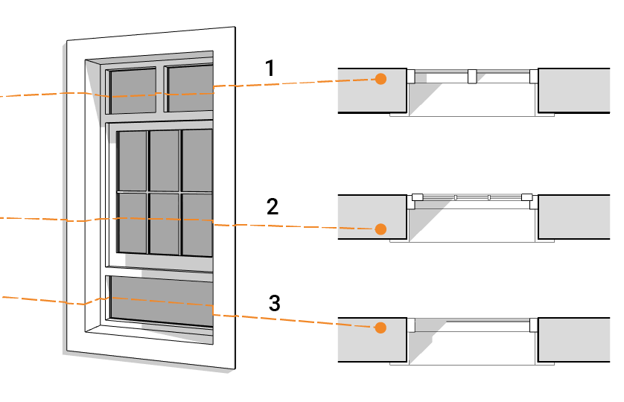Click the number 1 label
(x=270, y=69)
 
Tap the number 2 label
(x=273, y=206)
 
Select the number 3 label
(x=274, y=303)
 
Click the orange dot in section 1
(x=381, y=79)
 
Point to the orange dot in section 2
(x=381, y=229)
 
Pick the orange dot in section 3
(x=381, y=327)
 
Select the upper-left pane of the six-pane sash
(x=133, y=160)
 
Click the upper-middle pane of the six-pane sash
(x=165, y=160)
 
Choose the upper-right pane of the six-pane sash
(x=197, y=159)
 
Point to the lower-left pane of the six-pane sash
(x=133, y=220)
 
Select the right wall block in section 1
(x=573, y=90)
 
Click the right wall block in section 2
(x=573, y=217)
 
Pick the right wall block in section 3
(x=573, y=339)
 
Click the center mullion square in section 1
(x=471, y=76)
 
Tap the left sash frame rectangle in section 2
(x=417, y=197)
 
